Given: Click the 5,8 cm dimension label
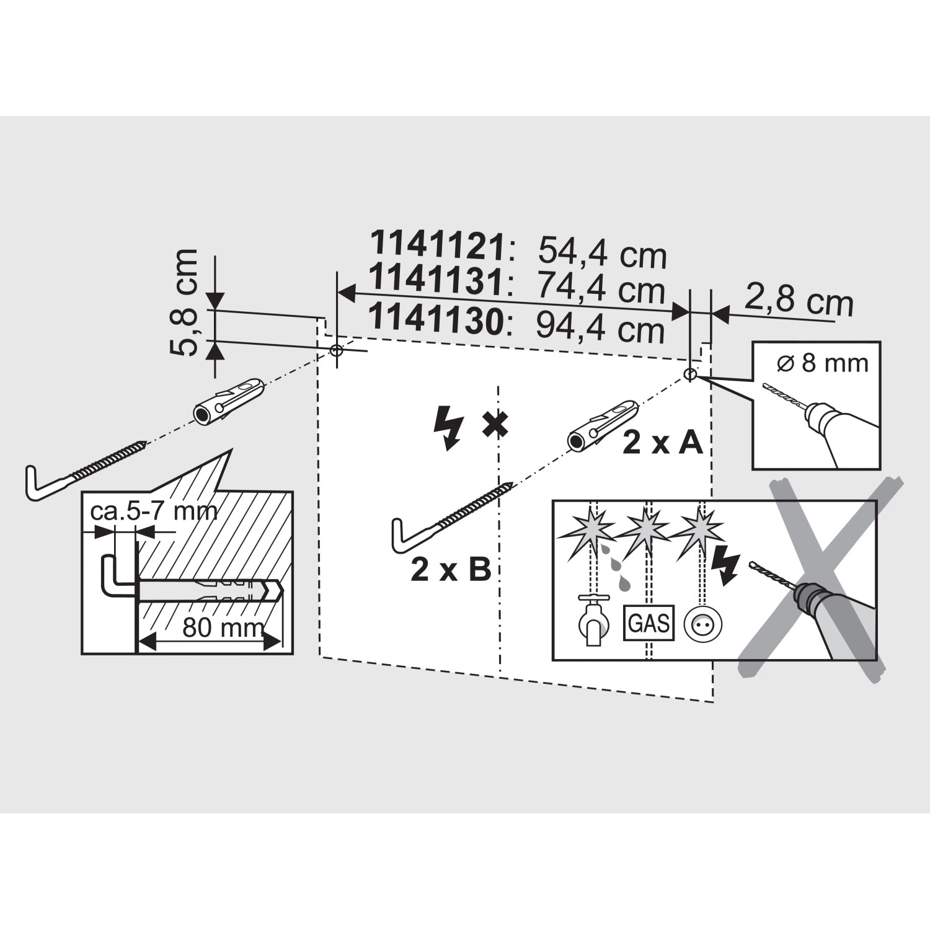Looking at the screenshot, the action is coord(184,302).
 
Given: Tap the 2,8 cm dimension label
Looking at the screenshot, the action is coord(799,302).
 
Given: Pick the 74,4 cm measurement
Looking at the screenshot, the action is coord(600,288).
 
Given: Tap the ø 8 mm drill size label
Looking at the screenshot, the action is coord(822,362).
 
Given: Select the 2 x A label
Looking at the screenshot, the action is coord(662,443).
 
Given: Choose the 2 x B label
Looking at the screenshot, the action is coord(451,569).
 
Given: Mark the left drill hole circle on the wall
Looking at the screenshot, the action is coord(336,350).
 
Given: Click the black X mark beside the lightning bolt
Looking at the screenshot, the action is coord(495,425).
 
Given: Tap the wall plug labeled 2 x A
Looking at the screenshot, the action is coord(602,425).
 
